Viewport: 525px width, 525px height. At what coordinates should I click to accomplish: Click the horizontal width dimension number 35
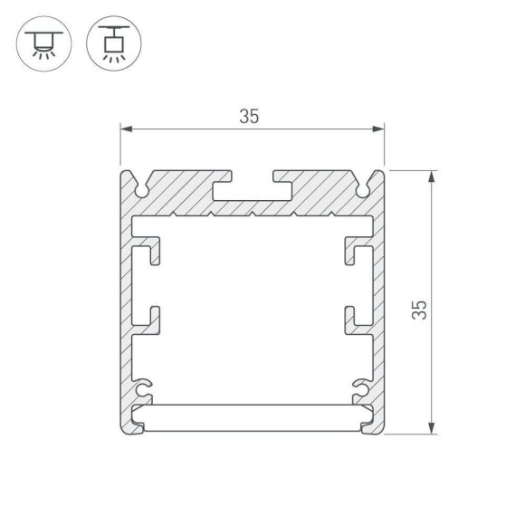coord(250,116)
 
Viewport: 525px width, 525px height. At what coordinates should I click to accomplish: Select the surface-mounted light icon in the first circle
coord(42,43)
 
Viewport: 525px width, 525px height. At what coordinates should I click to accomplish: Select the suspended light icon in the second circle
coord(112,43)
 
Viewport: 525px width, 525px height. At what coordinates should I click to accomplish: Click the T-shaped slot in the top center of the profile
coord(252,191)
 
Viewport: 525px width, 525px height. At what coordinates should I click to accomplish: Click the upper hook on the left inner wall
coord(150,253)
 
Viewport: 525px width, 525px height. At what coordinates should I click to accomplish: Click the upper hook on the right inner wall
coord(355,253)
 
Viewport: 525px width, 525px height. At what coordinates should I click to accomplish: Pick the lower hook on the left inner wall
coord(150,318)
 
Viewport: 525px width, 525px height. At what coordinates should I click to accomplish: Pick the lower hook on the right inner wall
coord(355,318)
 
